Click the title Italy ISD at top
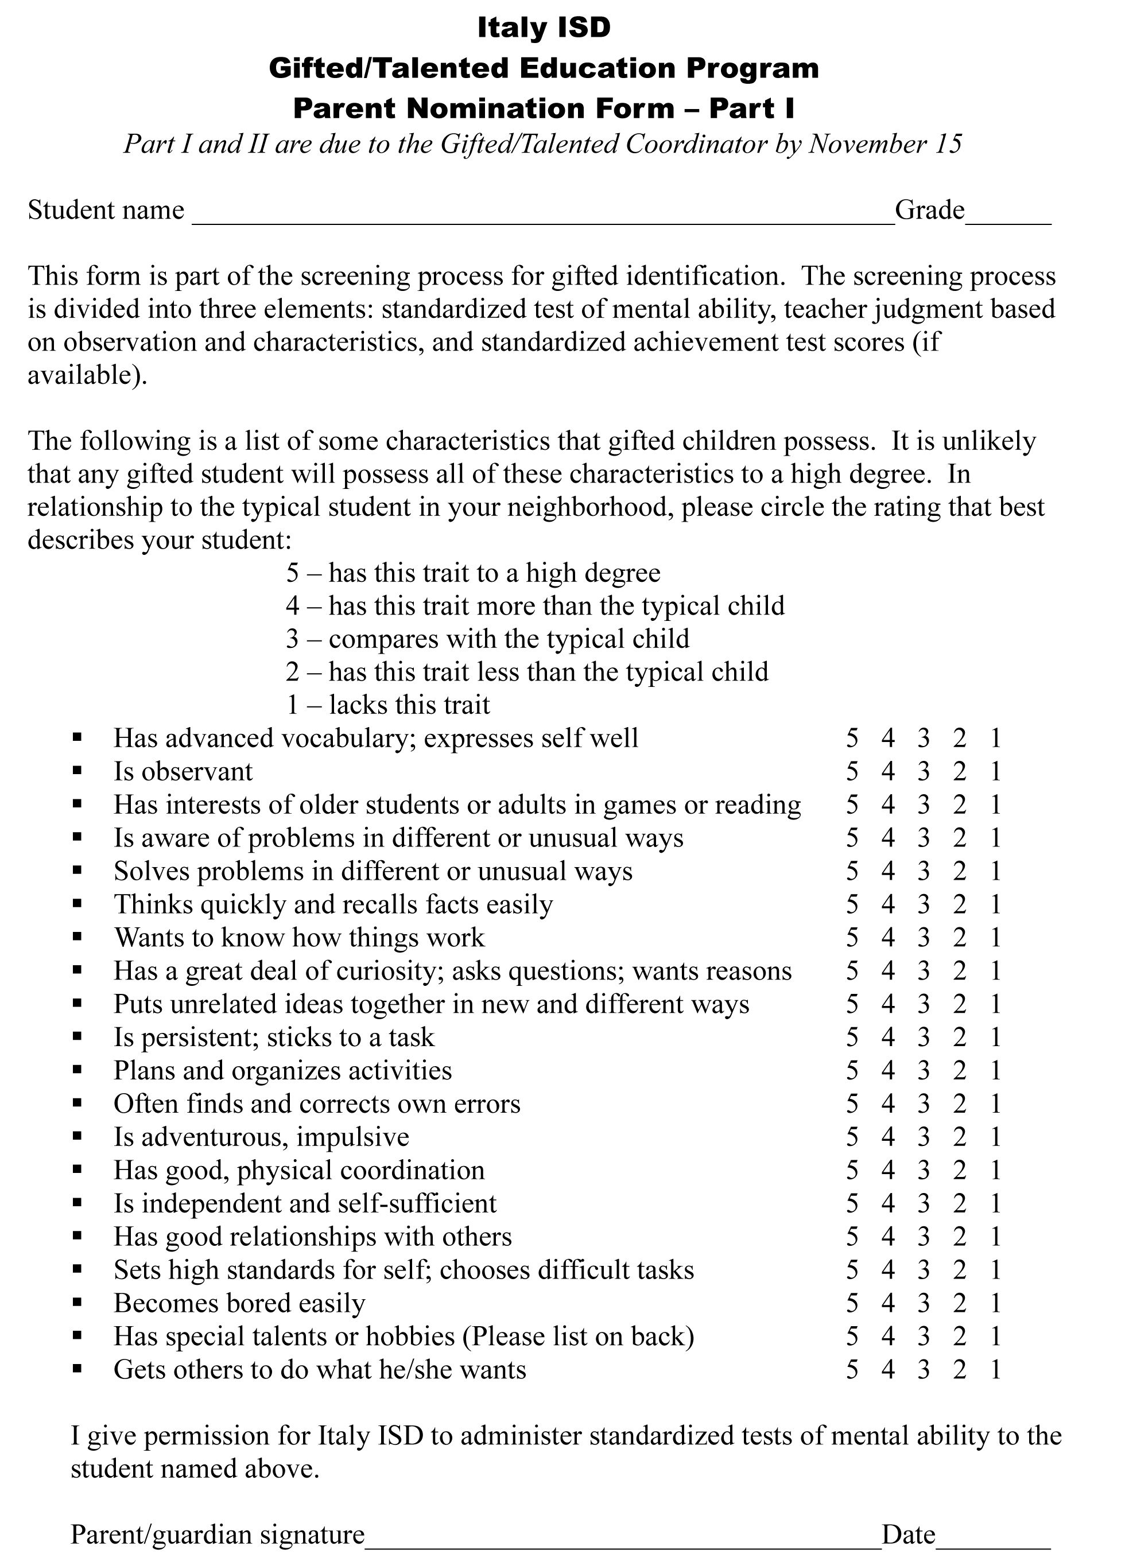point(544,28)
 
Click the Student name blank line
point(543,219)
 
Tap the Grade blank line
point(1008,219)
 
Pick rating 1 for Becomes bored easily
point(996,1303)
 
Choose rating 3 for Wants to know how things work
point(924,938)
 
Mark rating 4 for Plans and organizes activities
point(888,1071)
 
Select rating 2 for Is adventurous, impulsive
point(960,1137)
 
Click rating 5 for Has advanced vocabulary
point(852,739)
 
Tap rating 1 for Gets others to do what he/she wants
point(996,1370)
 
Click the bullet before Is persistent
point(77,1038)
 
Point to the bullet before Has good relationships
point(77,1237)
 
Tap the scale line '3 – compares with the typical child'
point(487,639)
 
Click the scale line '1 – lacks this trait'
point(387,705)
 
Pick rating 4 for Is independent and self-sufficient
point(888,1203)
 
